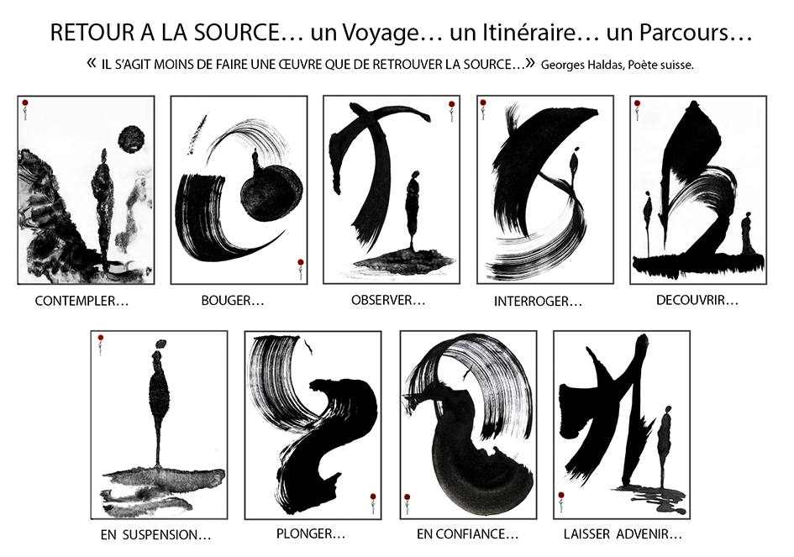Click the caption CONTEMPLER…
[82, 302]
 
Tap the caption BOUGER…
[233, 301]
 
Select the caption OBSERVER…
[388, 300]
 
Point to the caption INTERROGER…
[538, 302]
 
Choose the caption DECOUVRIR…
[697, 300]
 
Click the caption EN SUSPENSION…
[155, 534]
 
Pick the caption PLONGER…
[310, 533]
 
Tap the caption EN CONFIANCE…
[467, 534]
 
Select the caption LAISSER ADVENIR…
[623, 534]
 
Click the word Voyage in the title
[381, 34]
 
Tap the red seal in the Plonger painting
[373, 497]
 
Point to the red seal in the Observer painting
[451, 105]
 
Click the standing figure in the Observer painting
[413, 211]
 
